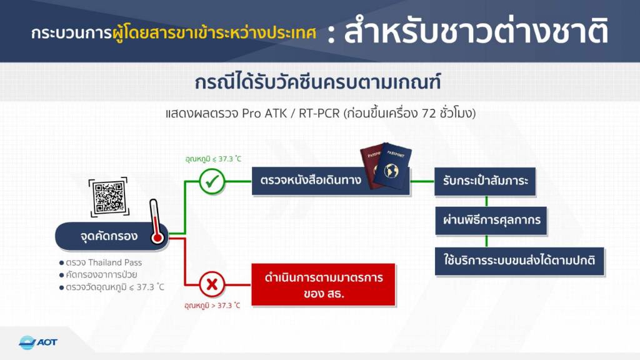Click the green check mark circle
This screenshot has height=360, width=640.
212,181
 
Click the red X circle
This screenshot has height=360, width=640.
212,284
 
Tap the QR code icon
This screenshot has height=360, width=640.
109,197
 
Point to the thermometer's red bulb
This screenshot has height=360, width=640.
157,237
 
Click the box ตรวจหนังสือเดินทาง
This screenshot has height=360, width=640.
331,181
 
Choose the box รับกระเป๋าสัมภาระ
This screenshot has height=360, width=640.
485,181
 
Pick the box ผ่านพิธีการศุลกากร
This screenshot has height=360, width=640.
491,221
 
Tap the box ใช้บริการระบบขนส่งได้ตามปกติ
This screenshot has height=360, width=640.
519,261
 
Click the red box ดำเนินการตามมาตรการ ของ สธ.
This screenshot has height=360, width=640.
323,284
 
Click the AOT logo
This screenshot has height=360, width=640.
38,342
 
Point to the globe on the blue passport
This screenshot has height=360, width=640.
391,171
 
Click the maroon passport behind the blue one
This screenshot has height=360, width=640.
370,167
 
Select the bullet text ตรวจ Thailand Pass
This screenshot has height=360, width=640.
104,262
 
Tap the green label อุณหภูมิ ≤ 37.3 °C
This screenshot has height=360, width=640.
213,159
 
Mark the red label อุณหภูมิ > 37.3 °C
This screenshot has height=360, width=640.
212,305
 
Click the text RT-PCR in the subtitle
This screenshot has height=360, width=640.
319,113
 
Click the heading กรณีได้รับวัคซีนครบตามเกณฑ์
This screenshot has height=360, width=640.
317,82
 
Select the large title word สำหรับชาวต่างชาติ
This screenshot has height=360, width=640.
476,31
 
